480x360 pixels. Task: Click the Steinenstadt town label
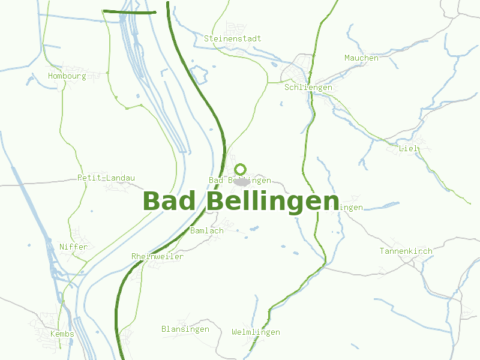[x=233, y=38]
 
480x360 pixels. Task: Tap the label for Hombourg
[x=67, y=76]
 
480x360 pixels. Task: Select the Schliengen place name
[x=308, y=87]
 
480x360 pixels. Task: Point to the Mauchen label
[x=361, y=58]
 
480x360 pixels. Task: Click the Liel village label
[x=408, y=148]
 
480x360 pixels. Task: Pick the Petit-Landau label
[x=106, y=178]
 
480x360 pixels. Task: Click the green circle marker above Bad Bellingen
[x=241, y=169]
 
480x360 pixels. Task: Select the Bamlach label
[x=206, y=230]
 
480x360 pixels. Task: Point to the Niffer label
[x=73, y=247]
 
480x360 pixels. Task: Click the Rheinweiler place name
[x=157, y=256]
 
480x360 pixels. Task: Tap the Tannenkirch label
[x=406, y=251]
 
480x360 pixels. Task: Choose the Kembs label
[x=62, y=334]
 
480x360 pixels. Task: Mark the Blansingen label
[x=185, y=329]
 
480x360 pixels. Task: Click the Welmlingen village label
[x=256, y=332]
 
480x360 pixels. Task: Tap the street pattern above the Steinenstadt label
[x=234, y=28]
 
